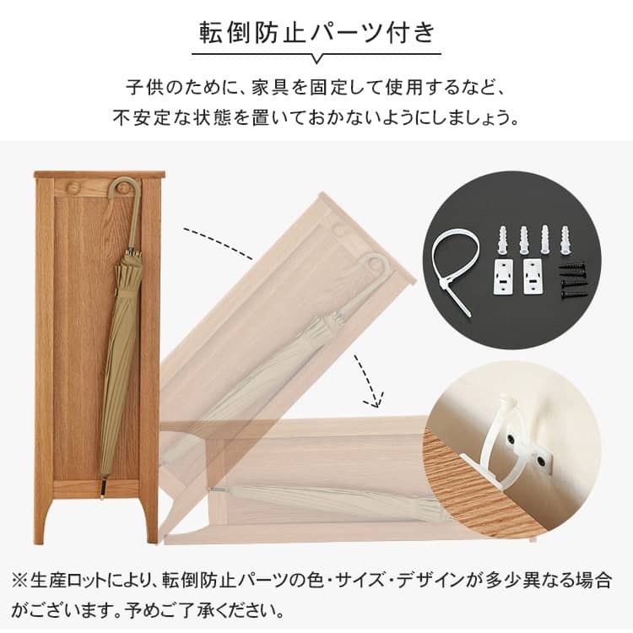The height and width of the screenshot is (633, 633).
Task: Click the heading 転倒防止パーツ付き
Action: click(x=317, y=33)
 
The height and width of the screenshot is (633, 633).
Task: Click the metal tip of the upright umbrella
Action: click(x=103, y=490)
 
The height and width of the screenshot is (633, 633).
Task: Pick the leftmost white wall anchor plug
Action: click(x=501, y=240)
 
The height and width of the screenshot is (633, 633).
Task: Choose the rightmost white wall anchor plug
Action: click(x=566, y=241)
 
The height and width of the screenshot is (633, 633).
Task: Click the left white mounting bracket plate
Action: click(x=503, y=276)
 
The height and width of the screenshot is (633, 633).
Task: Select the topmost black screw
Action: click(x=572, y=268)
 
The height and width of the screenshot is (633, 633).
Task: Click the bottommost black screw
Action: click(x=573, y=295)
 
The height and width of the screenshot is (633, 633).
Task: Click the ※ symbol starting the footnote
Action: click(x=19, y=581)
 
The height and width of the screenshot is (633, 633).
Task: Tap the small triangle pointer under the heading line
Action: click(x=317, y=59)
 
